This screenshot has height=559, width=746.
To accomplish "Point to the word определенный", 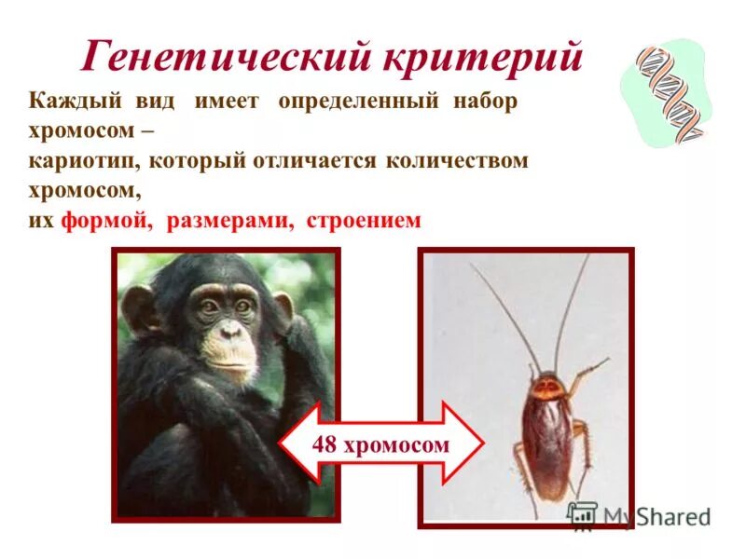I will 358,102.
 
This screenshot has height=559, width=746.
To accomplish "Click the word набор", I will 485,102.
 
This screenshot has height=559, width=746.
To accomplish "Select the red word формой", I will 107,221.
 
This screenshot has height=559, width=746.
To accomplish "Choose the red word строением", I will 364,221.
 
